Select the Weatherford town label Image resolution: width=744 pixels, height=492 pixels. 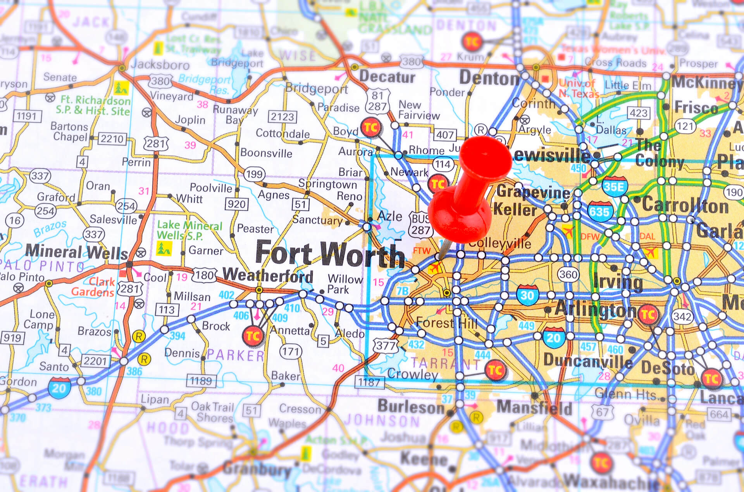tap(268, 275)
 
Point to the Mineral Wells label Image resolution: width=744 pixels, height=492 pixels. tap(76, 252)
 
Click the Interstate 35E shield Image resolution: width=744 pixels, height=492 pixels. tap(615, 187)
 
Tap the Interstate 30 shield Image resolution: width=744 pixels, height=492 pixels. tap(527, 295)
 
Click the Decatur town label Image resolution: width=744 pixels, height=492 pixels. tap(387, 77)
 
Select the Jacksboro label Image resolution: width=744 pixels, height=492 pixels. tap(160, 65)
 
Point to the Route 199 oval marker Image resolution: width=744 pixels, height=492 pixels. tap(254, 174)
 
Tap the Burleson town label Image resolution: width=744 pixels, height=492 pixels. tap(411, 406)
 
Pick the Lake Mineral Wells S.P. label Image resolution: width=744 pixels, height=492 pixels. tap(189, 230)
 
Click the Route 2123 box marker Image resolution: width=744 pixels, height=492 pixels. tap(282, 117)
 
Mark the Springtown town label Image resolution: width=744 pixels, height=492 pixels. tap(327, 184)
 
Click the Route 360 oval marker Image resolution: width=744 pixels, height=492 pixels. tap(568, 274)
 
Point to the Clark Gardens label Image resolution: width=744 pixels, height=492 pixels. tap(93, 287)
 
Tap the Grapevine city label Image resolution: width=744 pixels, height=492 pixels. tap(533, 192)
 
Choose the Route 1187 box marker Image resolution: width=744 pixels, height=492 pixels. tap(369, 382)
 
